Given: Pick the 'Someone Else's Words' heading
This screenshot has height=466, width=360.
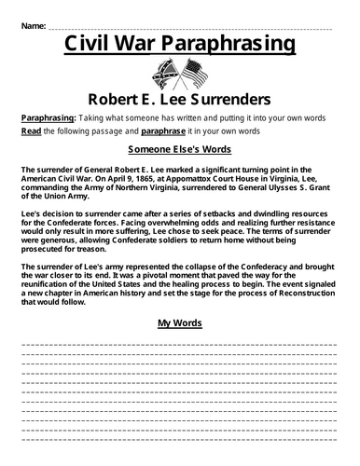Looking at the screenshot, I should (x=180, y=148).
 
